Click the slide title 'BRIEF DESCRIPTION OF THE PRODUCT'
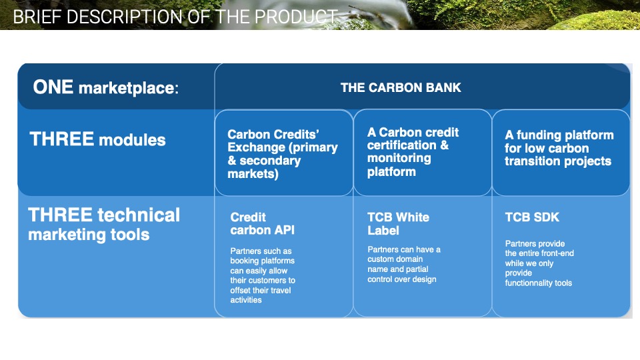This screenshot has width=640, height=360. pos(175,17)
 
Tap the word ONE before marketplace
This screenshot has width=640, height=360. pos(53,87)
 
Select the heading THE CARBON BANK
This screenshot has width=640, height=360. pos(401,87)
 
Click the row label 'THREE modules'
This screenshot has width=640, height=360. pos(97,139)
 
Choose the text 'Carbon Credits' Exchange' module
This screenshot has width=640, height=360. pos(283,153)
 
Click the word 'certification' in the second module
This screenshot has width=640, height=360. pos(401,145)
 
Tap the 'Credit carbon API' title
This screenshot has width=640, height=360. pos(262,224)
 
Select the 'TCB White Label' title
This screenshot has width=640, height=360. pos(398,224)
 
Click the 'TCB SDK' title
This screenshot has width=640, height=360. pos(532,217)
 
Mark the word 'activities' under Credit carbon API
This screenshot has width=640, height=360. pos(246,300)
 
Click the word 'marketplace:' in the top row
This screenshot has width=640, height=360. pos(129,88)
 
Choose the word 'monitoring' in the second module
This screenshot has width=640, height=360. pos(399,159)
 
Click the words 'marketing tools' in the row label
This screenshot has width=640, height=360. pos(89,235)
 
